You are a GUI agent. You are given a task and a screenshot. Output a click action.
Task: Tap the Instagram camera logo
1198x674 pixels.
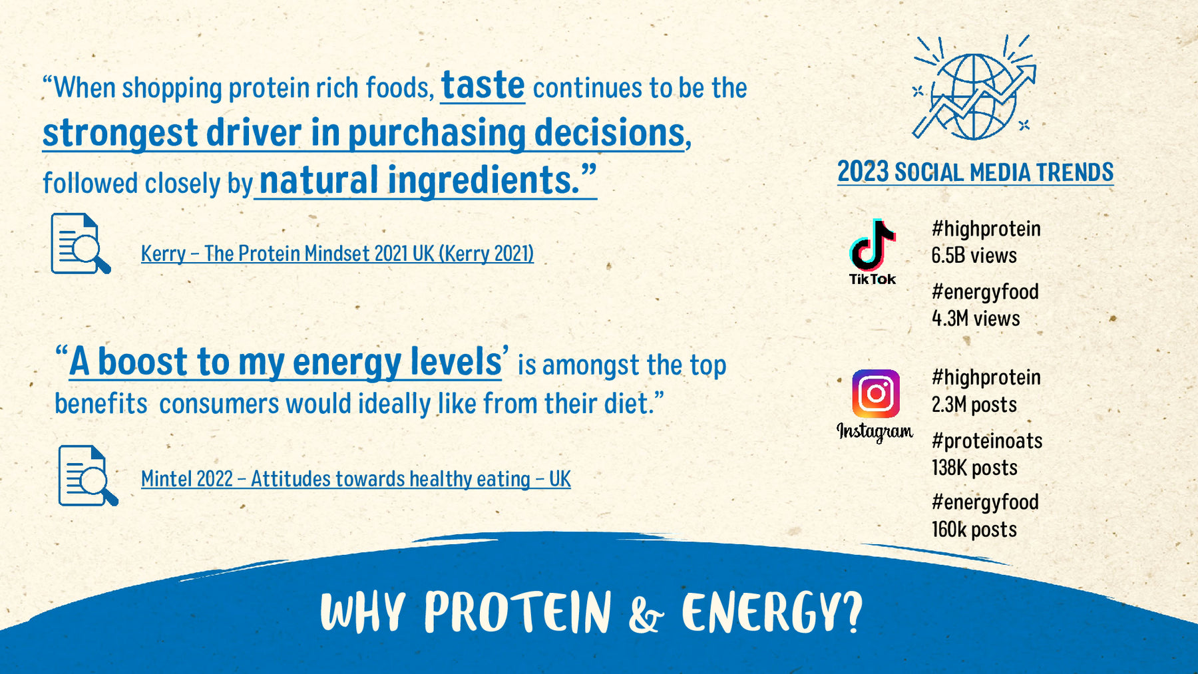(x=876, y=393)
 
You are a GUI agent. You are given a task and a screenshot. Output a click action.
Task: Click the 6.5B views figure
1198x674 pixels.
(x=974, y=255)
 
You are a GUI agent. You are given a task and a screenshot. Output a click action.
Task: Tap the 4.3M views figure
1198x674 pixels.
(x=976, y=319)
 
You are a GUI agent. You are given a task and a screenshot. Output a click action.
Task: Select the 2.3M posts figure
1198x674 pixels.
(x=974, y=405)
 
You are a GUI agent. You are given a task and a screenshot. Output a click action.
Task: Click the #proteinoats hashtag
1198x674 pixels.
(x=987, y=440)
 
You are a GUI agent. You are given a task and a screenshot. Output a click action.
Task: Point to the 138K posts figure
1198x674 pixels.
(x=974, y=468)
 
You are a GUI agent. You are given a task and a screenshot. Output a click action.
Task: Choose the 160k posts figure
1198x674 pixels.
(x=974, y=530)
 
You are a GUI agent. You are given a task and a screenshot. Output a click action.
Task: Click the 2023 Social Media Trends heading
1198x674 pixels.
(x=975, y=172)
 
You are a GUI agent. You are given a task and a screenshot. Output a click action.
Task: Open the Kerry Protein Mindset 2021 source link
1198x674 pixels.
(x=337, y=253)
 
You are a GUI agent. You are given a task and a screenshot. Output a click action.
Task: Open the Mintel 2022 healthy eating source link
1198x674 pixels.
(x=356, y=479)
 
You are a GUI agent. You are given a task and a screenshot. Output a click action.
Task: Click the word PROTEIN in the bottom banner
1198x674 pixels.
(x=518, y=611)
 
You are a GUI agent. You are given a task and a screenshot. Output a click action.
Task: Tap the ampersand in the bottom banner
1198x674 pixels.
(x=645, y=615)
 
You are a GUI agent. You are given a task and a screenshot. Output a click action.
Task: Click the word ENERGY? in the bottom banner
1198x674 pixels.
(x=772, y=611)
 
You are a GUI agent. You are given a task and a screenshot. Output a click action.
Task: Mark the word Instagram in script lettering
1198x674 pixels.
(x=875, y=432)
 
